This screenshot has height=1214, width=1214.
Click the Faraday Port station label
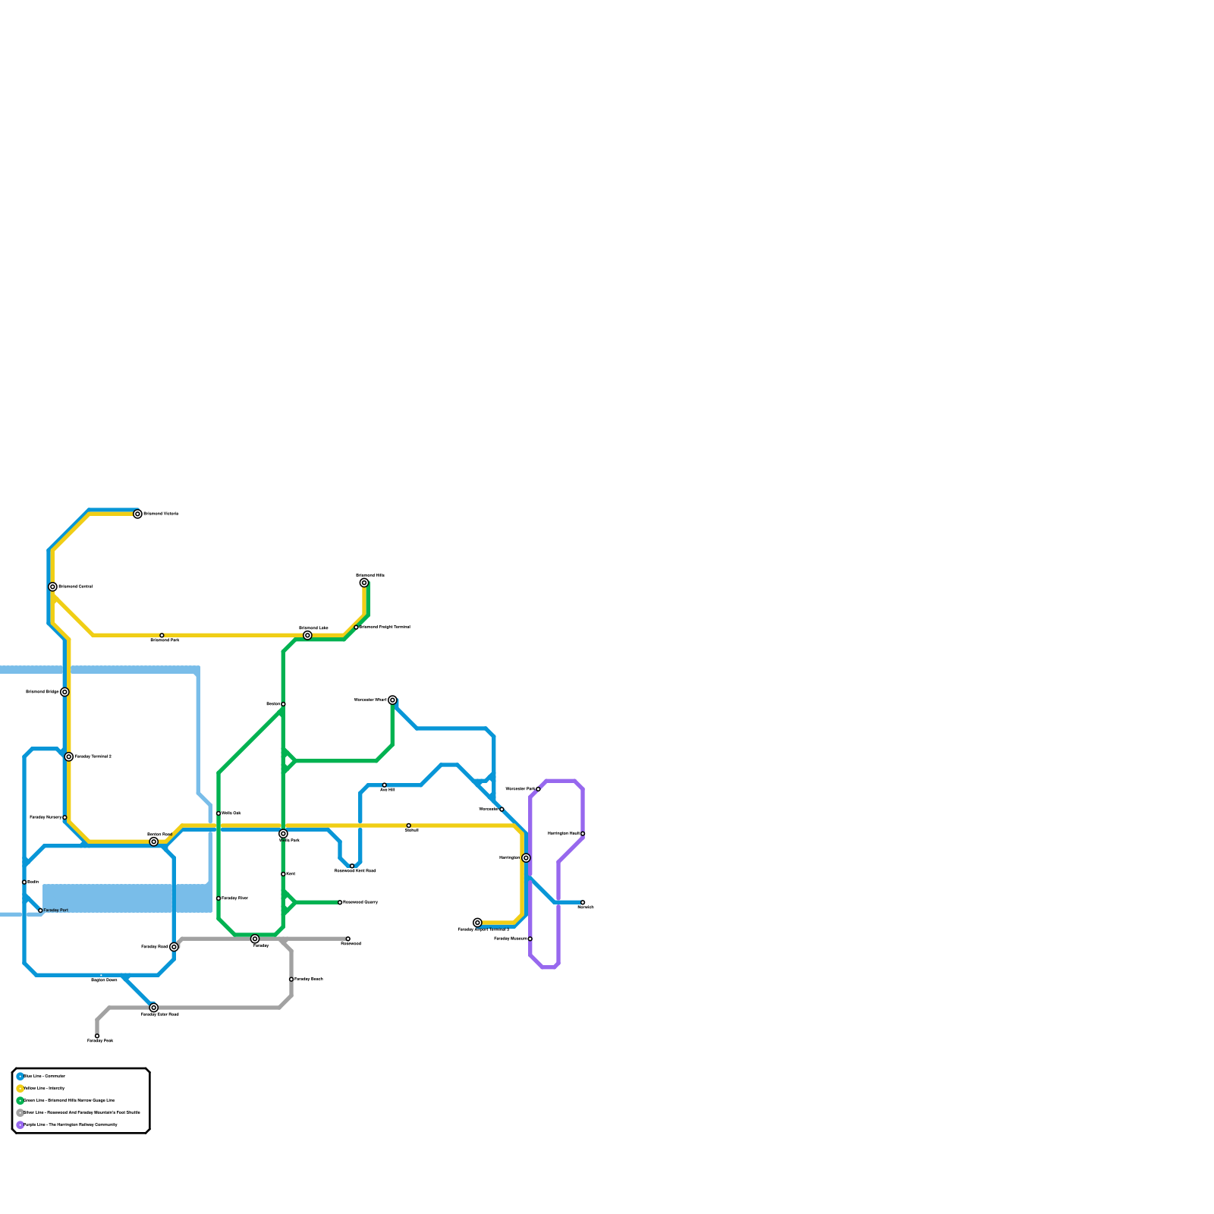coord(56,910)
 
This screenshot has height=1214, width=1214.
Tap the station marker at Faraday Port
coord(40,910)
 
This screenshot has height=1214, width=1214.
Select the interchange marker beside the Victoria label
coord(137,514)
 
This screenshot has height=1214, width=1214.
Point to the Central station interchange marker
coord(52,587)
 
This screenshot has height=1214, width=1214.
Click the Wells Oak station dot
coord(219,813)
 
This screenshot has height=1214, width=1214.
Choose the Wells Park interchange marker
coord(283,834)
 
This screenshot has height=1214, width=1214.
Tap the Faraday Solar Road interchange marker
coord(154,1008)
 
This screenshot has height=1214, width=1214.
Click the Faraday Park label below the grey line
coord(100,1041)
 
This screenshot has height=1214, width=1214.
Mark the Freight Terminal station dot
coord(356,627)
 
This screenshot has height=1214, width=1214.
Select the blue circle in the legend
coord(20,1076)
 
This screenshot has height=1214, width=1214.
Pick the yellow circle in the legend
coord(20,1088)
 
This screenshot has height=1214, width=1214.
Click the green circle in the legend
coord(20,1100)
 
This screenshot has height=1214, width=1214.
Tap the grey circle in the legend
coord(20,1112)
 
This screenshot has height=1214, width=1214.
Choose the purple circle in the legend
coord(20,1124)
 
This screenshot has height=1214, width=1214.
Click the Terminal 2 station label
coord(93,756)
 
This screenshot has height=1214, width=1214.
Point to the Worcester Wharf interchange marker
coord(392,700)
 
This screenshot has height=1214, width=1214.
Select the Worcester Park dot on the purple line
coord(538,789)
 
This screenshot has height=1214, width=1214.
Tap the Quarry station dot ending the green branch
coord(340,902)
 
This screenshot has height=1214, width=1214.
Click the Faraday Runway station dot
coord(64,817)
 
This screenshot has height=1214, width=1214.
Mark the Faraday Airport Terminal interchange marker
coord(477,923)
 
